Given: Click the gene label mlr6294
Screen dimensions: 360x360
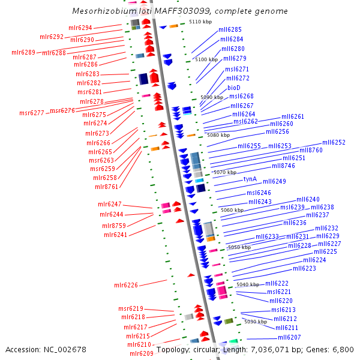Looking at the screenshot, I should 80,28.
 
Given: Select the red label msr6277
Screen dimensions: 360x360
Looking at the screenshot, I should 32,113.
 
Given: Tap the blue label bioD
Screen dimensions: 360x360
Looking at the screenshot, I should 234,88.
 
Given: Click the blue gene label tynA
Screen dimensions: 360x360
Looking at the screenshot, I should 250,179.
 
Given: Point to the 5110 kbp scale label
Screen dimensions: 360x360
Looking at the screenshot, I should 200,22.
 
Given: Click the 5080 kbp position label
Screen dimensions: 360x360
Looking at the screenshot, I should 218,136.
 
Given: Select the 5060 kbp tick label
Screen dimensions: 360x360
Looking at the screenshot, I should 232,211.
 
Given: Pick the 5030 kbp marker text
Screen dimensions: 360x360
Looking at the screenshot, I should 255,322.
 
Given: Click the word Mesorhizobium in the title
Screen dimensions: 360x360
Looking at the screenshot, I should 100,11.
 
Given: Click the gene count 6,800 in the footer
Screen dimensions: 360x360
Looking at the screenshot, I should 341,349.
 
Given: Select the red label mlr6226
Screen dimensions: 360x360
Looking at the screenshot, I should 126,285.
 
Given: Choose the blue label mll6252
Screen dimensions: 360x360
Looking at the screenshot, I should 334,143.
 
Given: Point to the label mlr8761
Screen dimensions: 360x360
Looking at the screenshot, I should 107,187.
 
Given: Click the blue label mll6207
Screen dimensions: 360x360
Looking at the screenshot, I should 289,338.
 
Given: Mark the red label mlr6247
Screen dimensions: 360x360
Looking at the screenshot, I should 110,205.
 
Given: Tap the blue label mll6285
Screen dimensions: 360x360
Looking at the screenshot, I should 230,29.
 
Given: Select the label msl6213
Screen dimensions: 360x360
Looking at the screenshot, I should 283,310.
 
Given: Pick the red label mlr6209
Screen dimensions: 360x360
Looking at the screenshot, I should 142,353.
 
